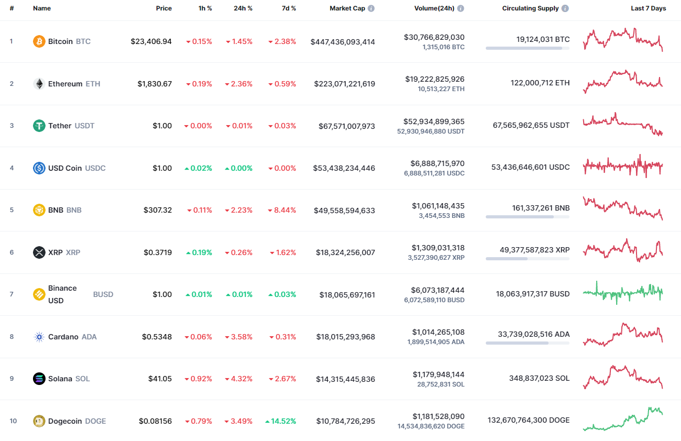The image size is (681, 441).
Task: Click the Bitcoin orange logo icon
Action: click(x=39, y=41)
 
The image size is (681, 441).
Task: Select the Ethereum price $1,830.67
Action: click(x=154, y=84)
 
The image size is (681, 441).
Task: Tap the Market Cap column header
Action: click(x=347, y=8)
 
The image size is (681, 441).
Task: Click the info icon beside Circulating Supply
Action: click(x=565, y=8)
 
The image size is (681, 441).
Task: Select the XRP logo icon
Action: click(x=39, y=252)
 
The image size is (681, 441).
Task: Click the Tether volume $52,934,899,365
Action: click(x=433, y=122)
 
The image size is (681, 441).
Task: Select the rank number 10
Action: click(x=13, y=421)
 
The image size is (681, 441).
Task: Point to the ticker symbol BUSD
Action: click(x=103, y=294)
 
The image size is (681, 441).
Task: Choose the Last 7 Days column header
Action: click(x=648, y=8)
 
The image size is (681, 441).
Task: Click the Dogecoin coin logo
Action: click(x=39, y=421)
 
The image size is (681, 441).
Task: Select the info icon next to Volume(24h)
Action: click(x=461, y=8)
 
